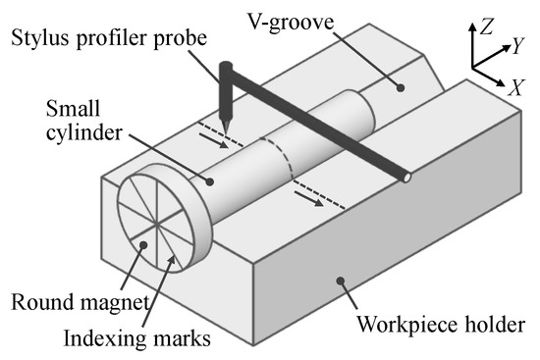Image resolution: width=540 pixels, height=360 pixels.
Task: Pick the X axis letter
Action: click(516, 85)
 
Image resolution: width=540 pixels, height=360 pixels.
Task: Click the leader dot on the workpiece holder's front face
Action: click(341, 283)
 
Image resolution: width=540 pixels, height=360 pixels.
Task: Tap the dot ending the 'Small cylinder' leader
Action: click(210, 180)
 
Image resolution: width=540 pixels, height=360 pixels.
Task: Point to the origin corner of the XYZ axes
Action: click(473, 67)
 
